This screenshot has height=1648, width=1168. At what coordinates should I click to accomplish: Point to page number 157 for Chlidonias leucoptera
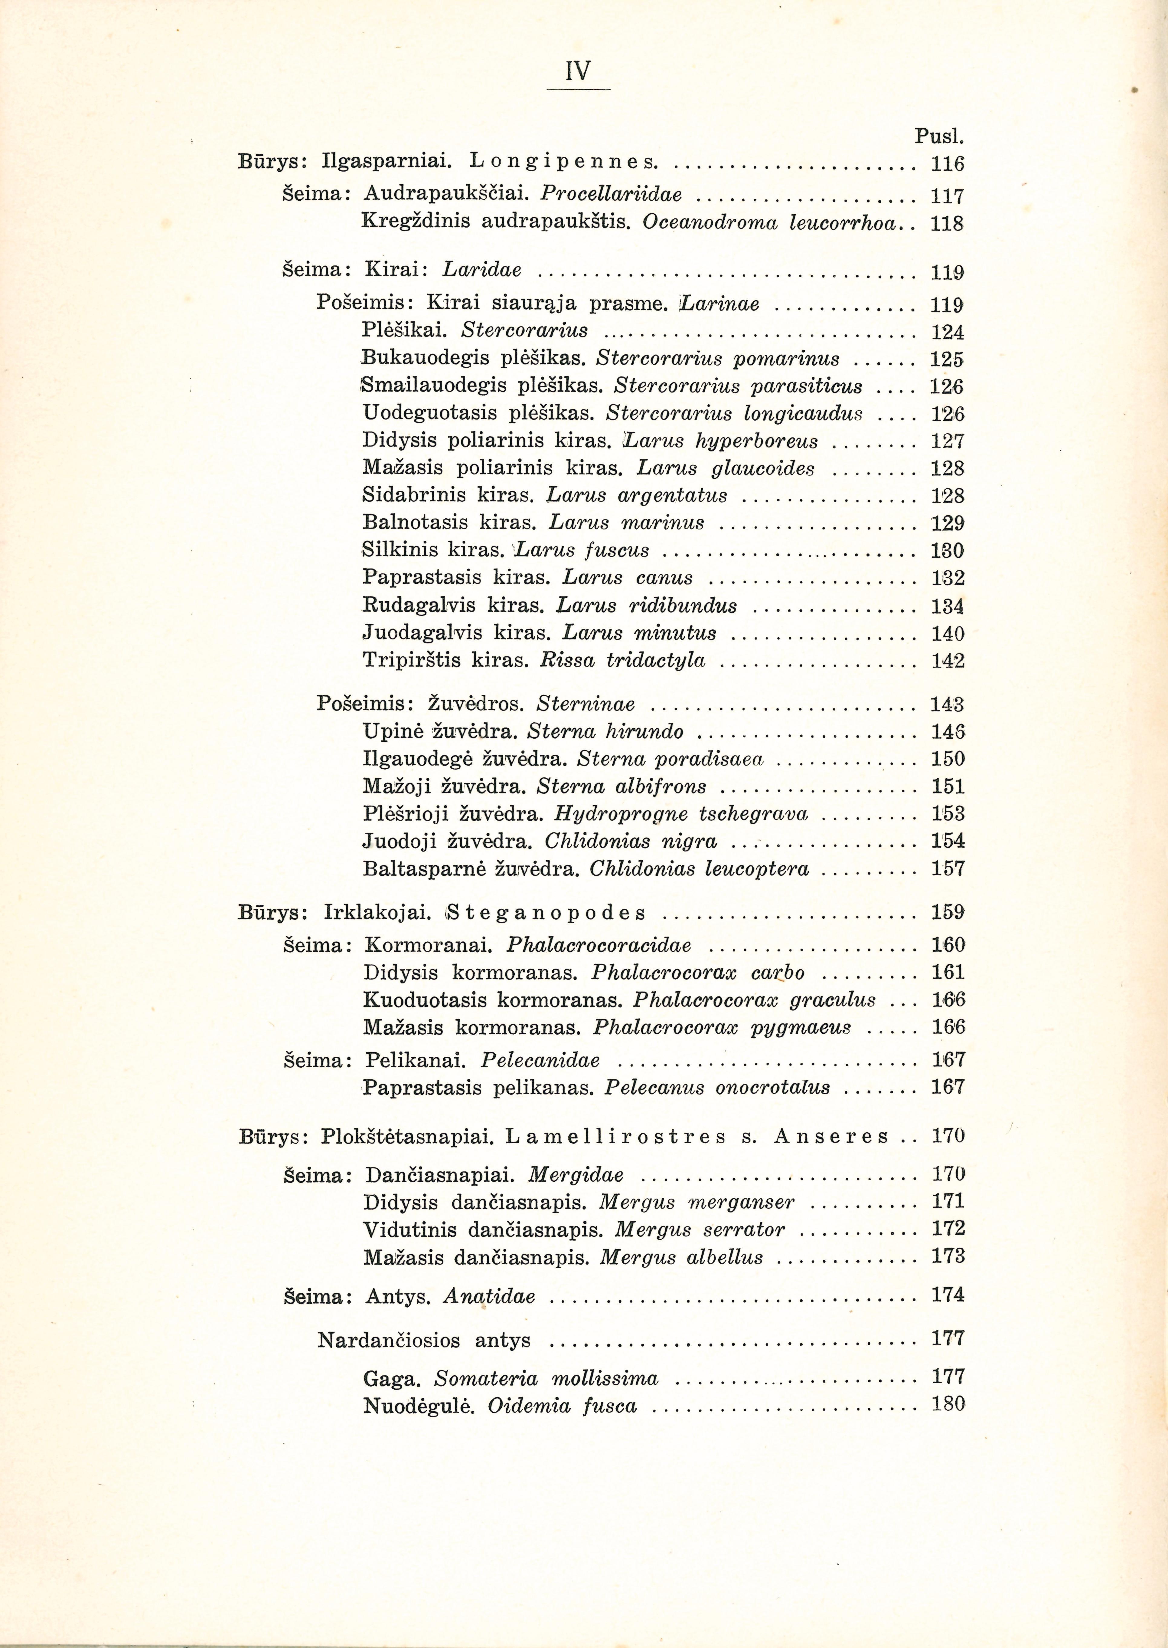[x=947, y=869]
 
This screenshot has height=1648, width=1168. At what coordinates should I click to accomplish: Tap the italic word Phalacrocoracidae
[x=599, y=945]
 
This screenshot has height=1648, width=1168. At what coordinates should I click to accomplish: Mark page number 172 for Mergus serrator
[x=947, y=1229]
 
